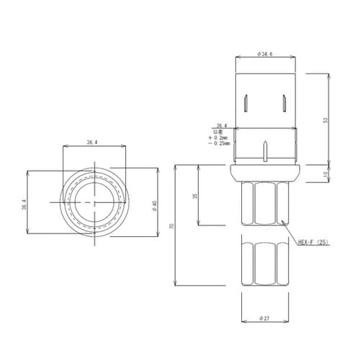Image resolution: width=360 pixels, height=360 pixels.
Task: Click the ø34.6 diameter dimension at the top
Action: (x=265, y=54)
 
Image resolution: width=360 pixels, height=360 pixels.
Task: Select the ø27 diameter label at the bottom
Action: (x=264, y=318)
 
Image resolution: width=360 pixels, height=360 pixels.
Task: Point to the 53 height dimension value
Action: (x=326, y=120)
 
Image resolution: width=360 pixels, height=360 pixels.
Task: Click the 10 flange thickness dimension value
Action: (x=326, y=173)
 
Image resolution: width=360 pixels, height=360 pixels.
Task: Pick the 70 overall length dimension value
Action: (x=171, y=225)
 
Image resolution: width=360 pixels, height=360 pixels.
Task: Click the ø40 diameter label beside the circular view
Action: (x=154, y=206)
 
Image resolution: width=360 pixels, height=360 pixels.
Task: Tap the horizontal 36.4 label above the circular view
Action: (x=92, y=143)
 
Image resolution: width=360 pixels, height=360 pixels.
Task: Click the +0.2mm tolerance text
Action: (x=220, y=137)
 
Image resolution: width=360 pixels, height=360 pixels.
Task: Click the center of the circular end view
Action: (x=92, y=202)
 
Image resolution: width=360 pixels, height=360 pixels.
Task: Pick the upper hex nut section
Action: (x=264, y=204)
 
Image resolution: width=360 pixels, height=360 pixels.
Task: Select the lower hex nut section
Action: (x=264, y=263)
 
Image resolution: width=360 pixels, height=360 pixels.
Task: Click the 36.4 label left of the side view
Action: (x=220, y=125)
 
